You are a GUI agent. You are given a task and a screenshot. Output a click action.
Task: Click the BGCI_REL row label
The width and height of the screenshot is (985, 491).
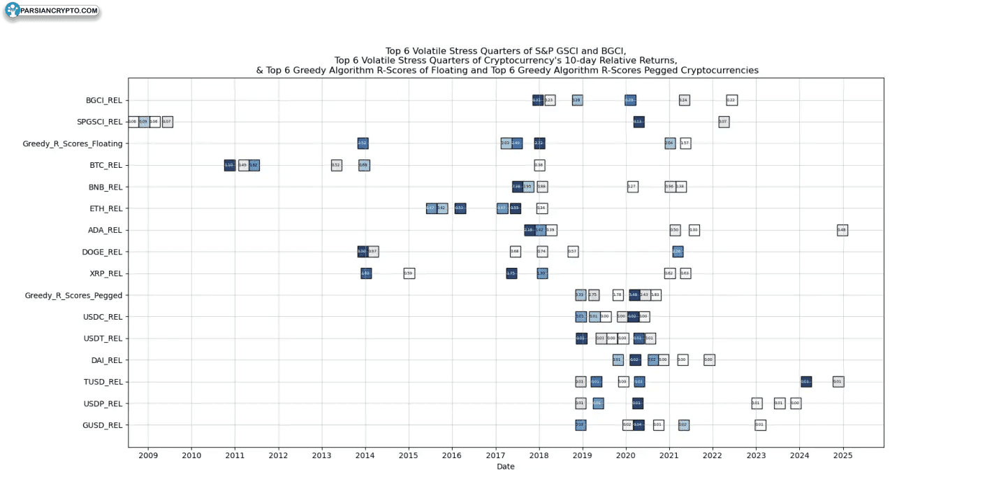pyautogui.click(x=104, y=100)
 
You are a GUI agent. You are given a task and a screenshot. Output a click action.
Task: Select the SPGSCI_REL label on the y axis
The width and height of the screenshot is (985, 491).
pyautogui.click(x=100, y=122)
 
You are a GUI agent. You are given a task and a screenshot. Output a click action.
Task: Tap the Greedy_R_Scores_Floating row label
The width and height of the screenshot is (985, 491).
pyautogui.click(x=73, y=144)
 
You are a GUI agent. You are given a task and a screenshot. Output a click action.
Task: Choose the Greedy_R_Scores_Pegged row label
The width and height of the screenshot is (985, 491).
pyautogui.click(x=73, y=296)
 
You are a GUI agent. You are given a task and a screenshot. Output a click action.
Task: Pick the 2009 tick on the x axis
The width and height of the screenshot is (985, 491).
pyautogui.click(x=148, y=456)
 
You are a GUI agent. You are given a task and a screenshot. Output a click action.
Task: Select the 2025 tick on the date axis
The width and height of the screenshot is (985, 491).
pyautogui.click(x=843, y=456)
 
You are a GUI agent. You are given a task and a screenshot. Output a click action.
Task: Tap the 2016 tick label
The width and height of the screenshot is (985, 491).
pyautogui.click(x=452, y=456)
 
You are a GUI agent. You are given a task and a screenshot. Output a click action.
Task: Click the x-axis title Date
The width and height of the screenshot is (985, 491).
pyautogui.click(x=506, y=467)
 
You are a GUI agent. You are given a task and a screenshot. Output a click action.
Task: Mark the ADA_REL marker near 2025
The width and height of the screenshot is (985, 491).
pyautogui.click(x=842, y=230)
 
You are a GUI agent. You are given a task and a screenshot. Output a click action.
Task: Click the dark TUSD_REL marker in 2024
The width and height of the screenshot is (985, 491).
pyautogui.click(x=806, y=382)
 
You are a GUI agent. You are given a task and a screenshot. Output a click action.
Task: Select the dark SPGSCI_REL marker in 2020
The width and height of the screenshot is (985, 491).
pyautogui.click(x=639, y=122)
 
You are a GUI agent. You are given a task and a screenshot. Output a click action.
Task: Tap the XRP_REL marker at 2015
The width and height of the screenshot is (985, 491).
pyautogui.click(x=409, y=273)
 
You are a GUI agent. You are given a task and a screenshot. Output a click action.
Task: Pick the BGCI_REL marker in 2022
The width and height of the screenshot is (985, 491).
pyautogui.click(x=731, y=100)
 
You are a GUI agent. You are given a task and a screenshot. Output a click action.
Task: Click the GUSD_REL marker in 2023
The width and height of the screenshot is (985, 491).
pyautogui.click(x=760, y=425)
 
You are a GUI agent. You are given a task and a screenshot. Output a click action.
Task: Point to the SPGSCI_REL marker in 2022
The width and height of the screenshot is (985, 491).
pyautogui.click(x=724, y=122)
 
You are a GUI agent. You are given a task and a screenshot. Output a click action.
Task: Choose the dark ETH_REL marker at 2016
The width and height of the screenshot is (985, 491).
pyautogui.click(x=460, y=208)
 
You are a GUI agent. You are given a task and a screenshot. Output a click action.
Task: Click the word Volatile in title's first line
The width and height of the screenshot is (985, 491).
pyautogui.click(x=437, y=50)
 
